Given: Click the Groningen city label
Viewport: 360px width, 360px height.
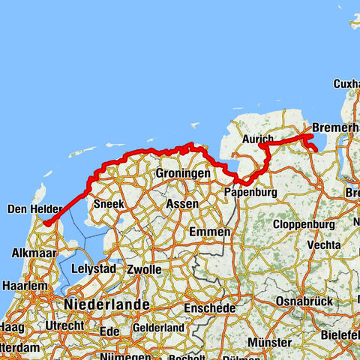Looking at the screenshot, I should tap(182, 173).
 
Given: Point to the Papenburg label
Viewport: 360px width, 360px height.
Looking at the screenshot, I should tap(250, 192).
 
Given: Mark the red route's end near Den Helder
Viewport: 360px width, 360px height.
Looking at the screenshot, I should tap(46, 223).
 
